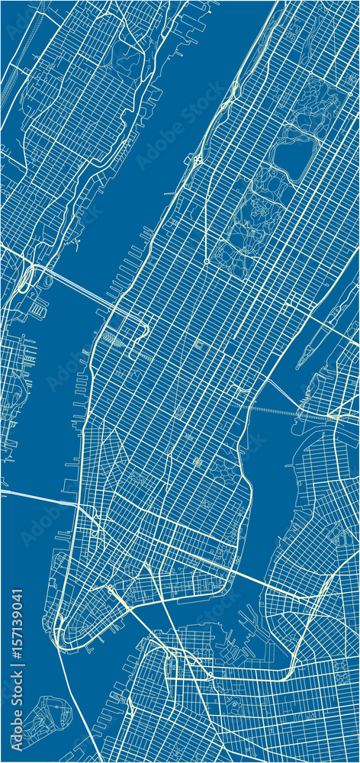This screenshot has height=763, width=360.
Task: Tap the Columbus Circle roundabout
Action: [206, 262]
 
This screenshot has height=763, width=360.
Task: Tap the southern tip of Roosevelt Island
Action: [300, 366]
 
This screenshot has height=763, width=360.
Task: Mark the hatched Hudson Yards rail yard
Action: [112, 336]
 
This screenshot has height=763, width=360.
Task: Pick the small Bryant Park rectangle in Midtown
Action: [200, 346]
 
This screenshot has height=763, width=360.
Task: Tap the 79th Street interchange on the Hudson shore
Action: [197, 161]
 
